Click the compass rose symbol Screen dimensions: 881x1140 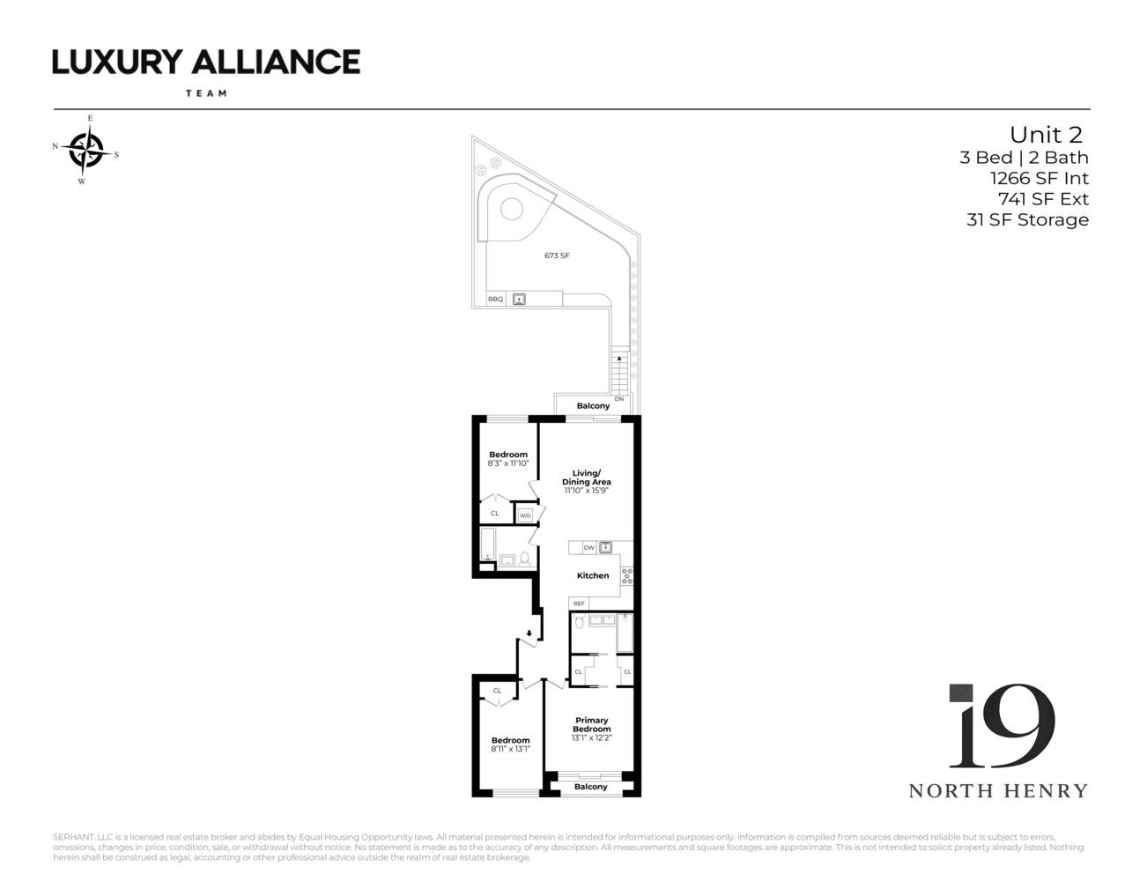point(86,150)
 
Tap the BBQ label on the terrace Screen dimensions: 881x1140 point(496,300)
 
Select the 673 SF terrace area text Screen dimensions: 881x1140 point(557,255)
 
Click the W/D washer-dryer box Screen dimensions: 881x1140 point(525,515)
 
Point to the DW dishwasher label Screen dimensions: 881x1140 point(589,548)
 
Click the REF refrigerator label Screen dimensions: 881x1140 point(579,603)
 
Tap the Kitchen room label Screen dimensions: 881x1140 point(593,575)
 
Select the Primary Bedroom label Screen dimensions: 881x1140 point(591,724)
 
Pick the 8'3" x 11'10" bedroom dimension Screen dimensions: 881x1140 point(508,463)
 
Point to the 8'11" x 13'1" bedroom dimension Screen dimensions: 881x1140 point(511,749)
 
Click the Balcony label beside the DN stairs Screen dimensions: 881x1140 point(593,406)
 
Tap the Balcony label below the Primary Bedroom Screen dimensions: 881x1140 point(591,787)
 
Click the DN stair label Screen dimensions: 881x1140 point(619,399)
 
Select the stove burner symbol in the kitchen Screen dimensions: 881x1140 point(627,576)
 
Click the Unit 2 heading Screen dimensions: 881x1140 point(1046,135)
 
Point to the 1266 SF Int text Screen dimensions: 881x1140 point(1040,178)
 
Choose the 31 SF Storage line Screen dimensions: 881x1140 point(1027,220)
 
